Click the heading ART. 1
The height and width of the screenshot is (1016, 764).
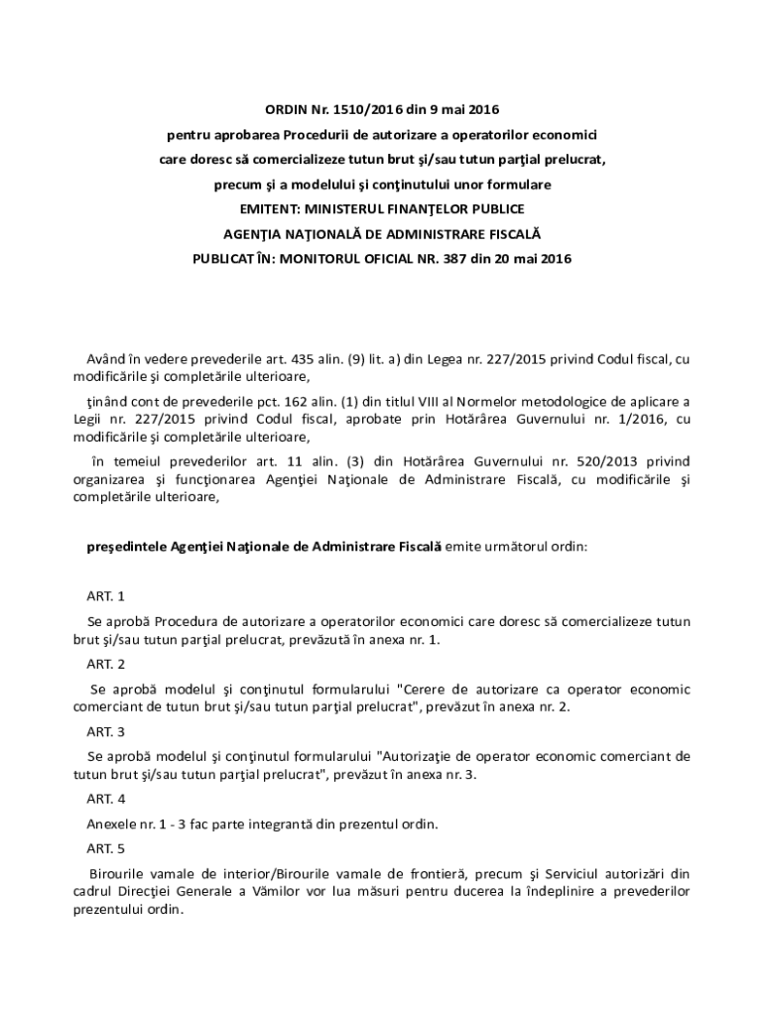pyautogui.click(x=105, y=596)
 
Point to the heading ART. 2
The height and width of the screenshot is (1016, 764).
pyautogui.click(x=105, y=664)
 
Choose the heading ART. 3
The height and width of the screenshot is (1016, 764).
pyautogui.click(x=105, y=731)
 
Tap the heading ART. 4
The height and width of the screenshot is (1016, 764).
pyautogui.click(x=105, y=799)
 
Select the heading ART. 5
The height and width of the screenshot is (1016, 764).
pyautogui.click(x=105, y=848)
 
